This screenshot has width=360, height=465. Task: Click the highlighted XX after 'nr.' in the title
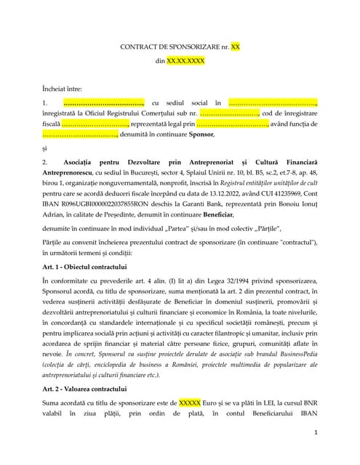click(235, 46)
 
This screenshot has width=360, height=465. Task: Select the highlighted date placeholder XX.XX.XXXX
click(185, 62)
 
